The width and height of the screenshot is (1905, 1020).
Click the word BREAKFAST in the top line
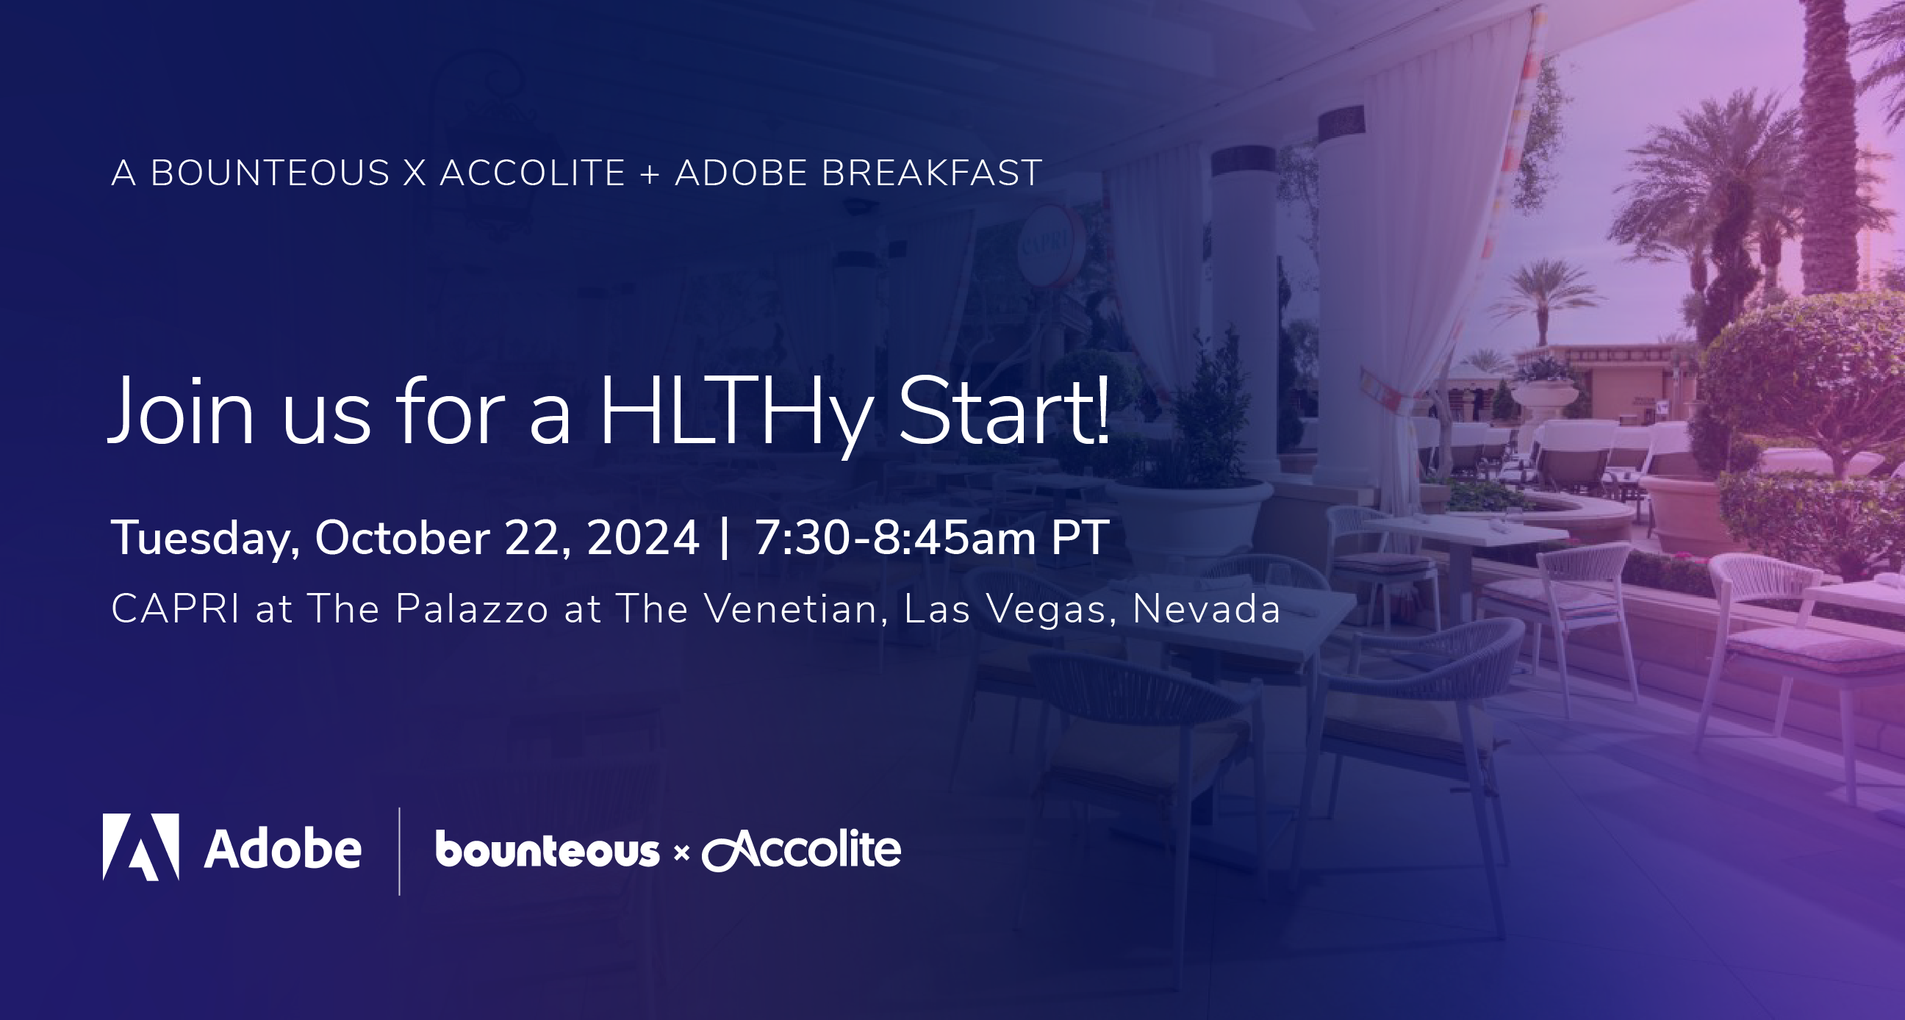pyautogui.click(x=932, y=173)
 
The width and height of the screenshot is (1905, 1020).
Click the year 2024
pyautogui.click(x=642, y=538)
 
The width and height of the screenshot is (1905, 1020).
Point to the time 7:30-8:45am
pyautogui.click(x=895, y=538)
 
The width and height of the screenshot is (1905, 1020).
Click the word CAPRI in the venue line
pyautogui.click(x=175, y=608)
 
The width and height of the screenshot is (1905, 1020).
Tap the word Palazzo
pyautogui.click(x=472, y=608)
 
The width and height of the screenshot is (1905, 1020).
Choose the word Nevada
pyautogui.click(x=1206, y=608)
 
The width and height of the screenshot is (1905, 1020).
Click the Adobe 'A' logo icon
pyautogui.click(x=140, y=847)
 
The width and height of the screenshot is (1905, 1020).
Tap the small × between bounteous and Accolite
pyautogui.click(x=681, y=854)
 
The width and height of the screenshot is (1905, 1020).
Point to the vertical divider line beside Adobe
pyautogui.click(x=399, y=852)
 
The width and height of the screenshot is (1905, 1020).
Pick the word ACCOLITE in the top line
pyautogui.click(x=532, y=173)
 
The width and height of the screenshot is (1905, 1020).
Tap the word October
pyautogui.click(x=401, y=538)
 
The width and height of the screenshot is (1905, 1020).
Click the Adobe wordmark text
pyautogui.click(x=282, y=848)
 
